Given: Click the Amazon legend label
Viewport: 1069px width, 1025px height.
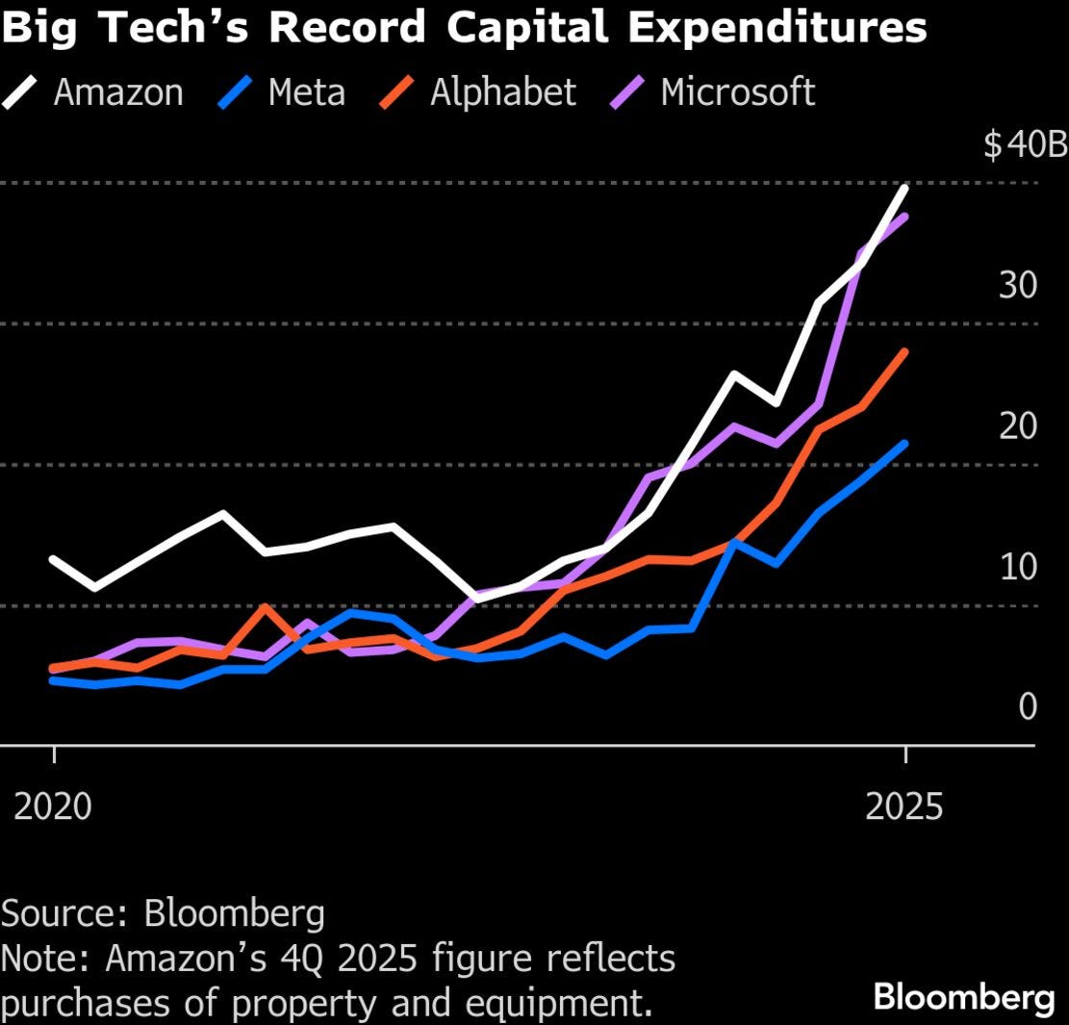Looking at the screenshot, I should coord(118,92).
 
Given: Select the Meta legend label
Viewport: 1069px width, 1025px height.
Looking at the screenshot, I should coord(306,92).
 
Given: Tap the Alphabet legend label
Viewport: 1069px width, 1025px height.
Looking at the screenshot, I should coord(502,92).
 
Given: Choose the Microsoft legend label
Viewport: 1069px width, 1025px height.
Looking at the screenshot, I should coord(737,92).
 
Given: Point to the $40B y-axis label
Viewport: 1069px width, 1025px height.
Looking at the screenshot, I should coord(1025,145).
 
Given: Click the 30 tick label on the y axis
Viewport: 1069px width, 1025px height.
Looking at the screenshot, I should coord(1018,286).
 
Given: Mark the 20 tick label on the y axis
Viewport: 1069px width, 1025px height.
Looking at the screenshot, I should coord(1018,426).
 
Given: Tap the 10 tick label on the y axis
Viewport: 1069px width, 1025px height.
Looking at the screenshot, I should coord(1018,567).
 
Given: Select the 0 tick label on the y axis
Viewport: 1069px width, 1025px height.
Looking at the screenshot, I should coord(1028,707).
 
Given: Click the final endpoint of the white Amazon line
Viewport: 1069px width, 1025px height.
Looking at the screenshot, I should coord(904,187).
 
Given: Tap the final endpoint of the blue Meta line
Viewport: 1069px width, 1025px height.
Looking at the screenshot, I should coord(904,444).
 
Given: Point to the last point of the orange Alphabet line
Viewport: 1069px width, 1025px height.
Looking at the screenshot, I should coord(904,352).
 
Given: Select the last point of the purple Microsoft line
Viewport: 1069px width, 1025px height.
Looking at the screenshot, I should coord(904,217).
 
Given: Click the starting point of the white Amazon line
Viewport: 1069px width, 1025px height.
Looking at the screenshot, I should coord(53,559).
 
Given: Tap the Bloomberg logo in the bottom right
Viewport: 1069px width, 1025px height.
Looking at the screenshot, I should coord(963,998).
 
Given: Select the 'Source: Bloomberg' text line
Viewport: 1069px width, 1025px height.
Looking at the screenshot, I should coord(163,913).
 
